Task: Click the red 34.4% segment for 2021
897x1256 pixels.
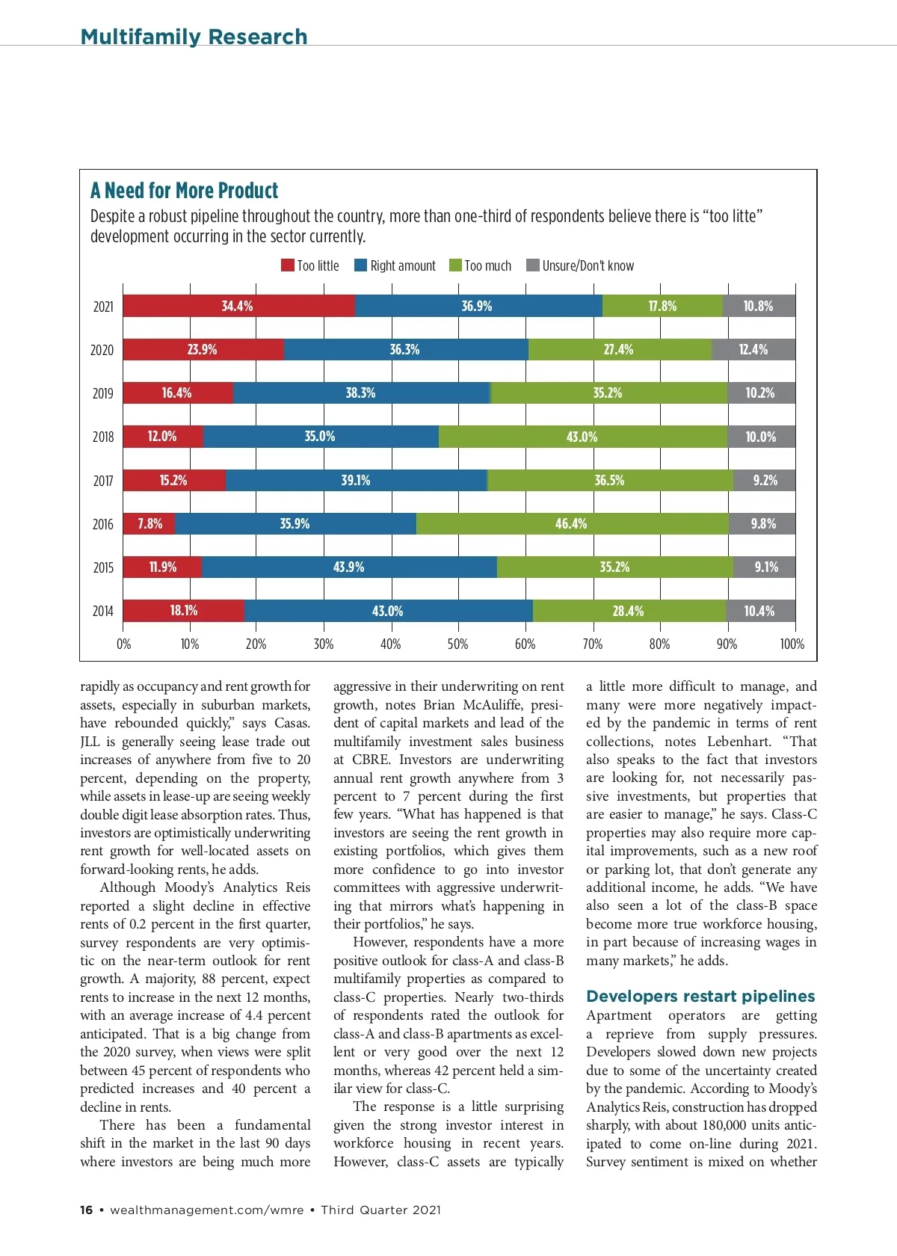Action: [238, 307]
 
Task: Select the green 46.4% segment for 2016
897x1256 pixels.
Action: [572, 524]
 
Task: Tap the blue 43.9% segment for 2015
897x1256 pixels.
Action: [349, 567]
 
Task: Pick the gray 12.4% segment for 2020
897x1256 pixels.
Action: [753, 350]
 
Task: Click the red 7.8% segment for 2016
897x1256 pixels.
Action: [149, 524]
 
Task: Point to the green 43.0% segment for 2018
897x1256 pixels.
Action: [582, 437]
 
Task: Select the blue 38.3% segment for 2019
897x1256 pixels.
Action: [361, 393]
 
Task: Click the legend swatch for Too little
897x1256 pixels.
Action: [288, 265]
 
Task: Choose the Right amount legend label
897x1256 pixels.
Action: [403, 265]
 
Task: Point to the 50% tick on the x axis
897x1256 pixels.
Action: [457, 644]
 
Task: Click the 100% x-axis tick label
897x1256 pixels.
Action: [792, 644]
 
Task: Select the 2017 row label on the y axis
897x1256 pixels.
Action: [103, 481]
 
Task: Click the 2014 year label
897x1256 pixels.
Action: [103, 611]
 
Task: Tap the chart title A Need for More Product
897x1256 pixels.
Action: [184, 191]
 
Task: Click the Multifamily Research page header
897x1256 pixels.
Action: [194, 37]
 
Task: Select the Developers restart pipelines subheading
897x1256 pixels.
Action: [700, 996]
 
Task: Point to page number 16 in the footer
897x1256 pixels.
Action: [87, 1210]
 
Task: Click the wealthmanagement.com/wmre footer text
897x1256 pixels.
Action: [206, 1210]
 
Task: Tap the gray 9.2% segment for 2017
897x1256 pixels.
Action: [765, 481]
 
